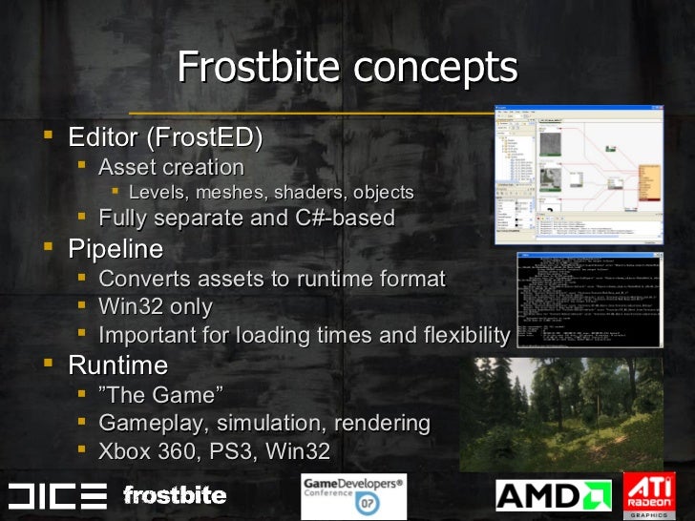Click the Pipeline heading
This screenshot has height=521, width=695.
coord(116,250)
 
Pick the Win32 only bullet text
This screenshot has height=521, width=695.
coord(156,307)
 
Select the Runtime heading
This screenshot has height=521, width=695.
coord(117,365)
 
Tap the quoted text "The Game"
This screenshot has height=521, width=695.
coord(160,394)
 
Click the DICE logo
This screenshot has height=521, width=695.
coord(57,495)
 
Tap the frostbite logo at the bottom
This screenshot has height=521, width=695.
coord(175,495)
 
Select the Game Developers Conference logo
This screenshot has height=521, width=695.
coord(353,495)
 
